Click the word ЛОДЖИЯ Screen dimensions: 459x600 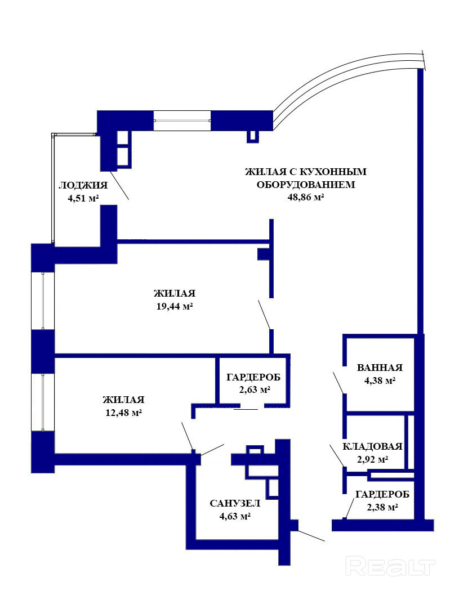pyautogui.click(x=83, y=186)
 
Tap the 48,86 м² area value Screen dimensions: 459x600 pyautogui.click(x=306, y=197)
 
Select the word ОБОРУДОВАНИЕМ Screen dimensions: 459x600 pyautogui.click(x=306, y=185)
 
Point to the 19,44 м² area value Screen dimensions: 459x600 pyautogui.click(x=175, y=307)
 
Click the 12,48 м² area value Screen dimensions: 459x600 pyautogui.click(x=124, y=413)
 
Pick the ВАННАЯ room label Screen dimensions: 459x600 pyautogui.click(x=380, y=368)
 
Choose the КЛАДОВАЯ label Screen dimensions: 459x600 pyautogui.click(x=372, y=446)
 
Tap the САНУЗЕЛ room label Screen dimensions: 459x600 pyautogui.click(x=235, y=503)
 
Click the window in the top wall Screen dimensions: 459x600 pyautogui.click(x=182, y=120)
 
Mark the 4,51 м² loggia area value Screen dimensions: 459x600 pyautogui.click(x=83, y=198)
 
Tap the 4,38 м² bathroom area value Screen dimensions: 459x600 pyautogui.click(x=380, y=380)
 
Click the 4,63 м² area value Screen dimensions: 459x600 pyautogui.click(x=235, y=516)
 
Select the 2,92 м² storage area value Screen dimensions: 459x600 pyautogui.click(x=372, y=459)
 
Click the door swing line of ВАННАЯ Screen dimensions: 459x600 pyautogui.click(x=338, y=382)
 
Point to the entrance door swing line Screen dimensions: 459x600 pyautogui.click(x=311, y=535)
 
